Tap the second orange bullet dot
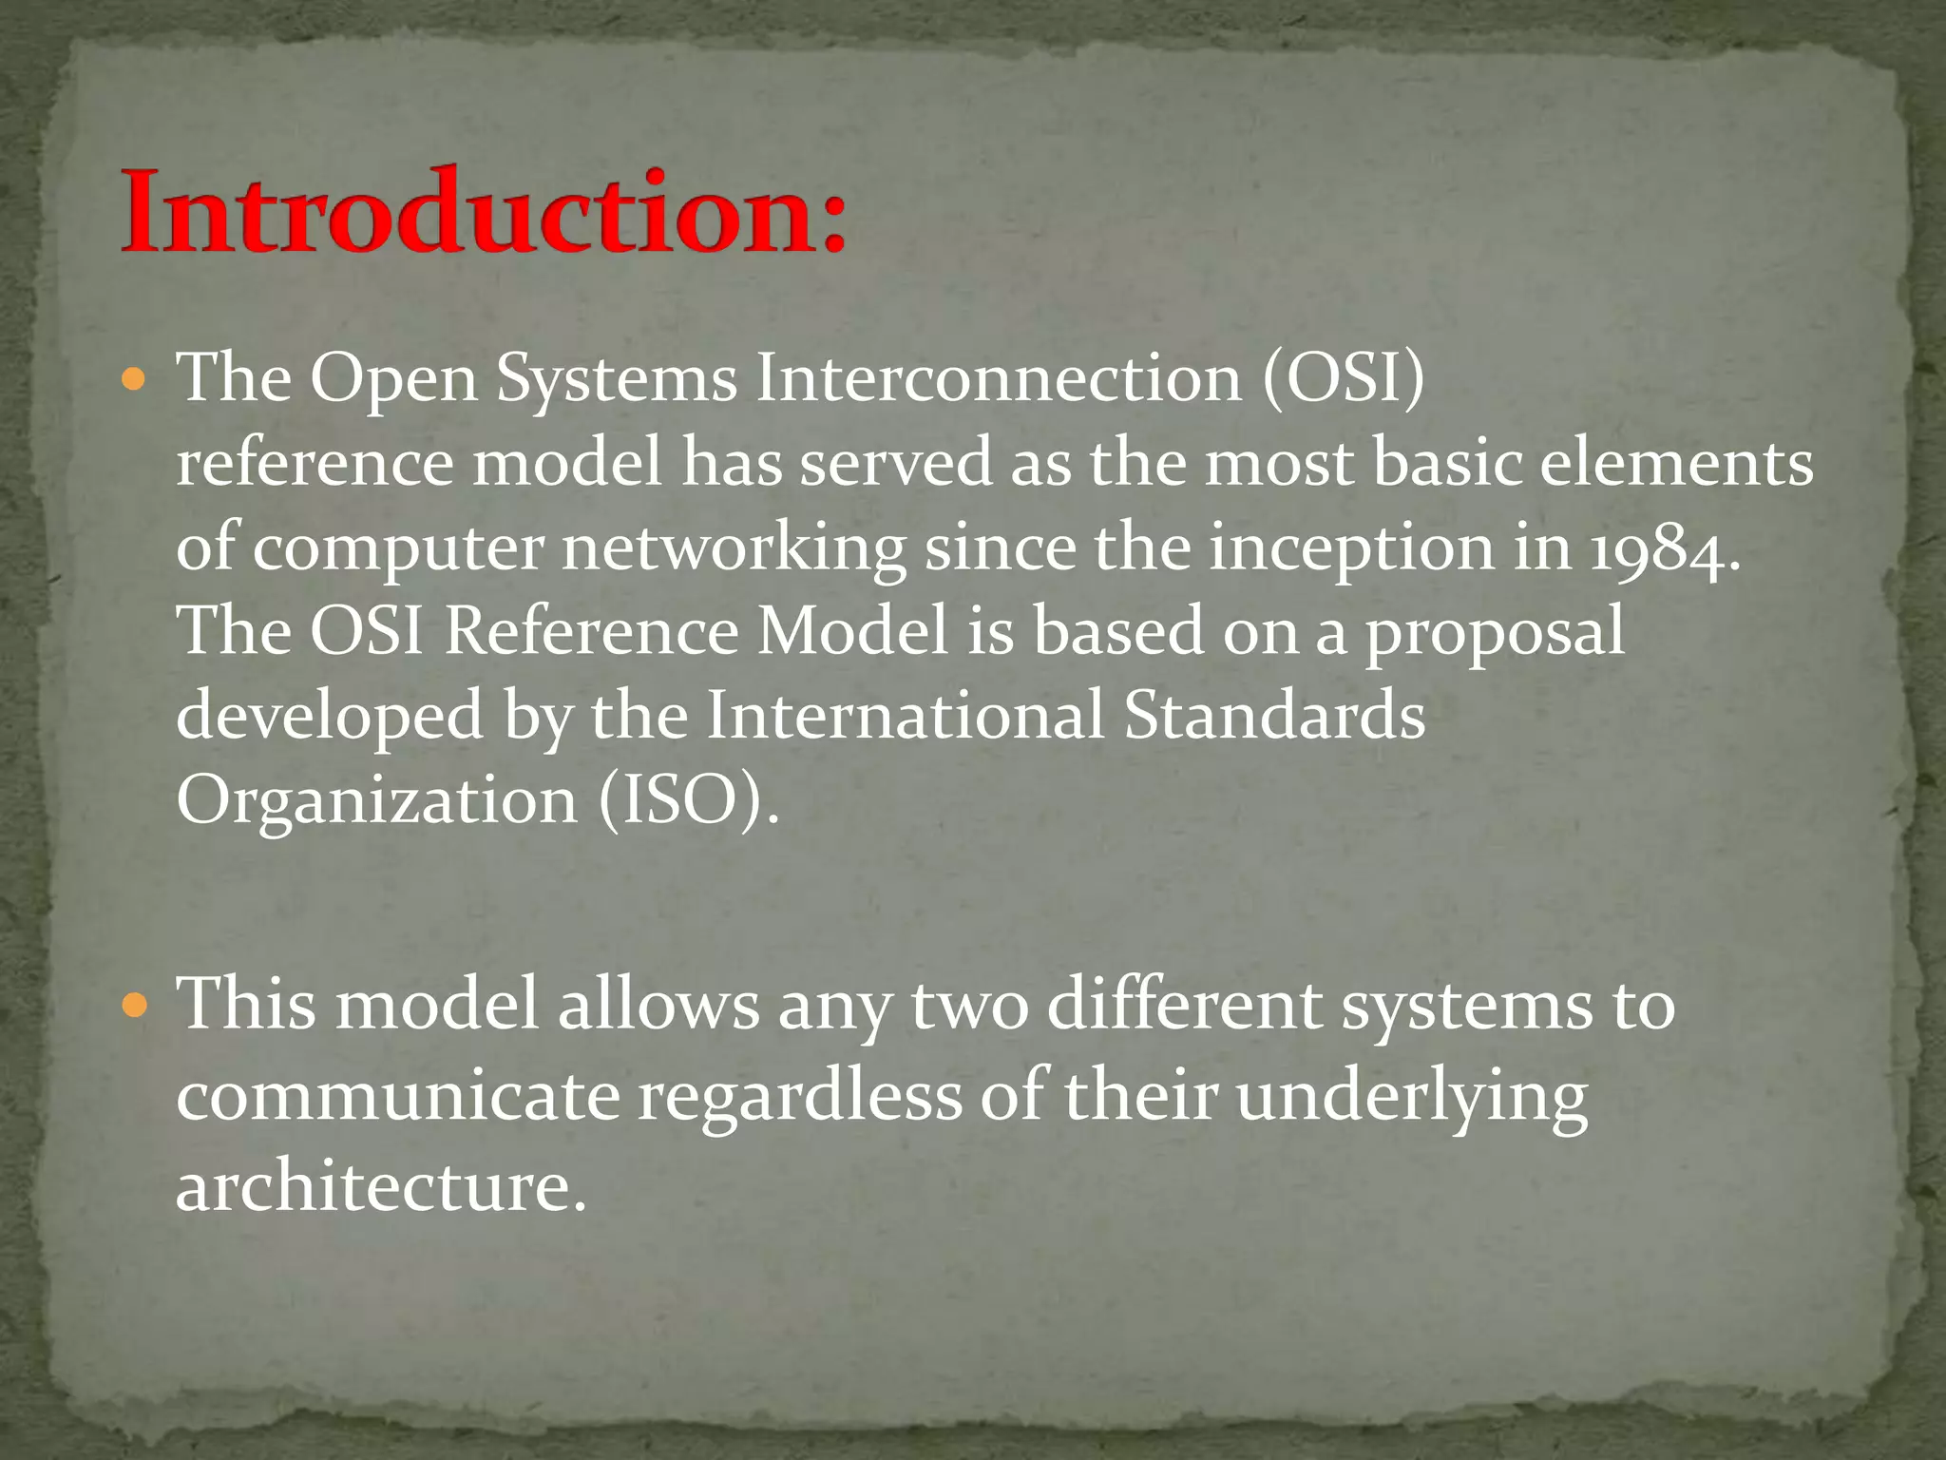[135, 1006]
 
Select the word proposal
[1496, 633]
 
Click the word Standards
[1274, 716]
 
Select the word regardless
[799, 1097]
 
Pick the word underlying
[1412, 1097]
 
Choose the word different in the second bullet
[1183, 1006]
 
